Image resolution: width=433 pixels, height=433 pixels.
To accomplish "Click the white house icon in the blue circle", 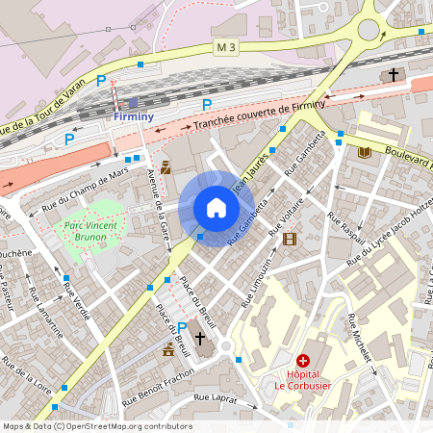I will click(216, 208).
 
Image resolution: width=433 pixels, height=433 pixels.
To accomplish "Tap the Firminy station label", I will click(133, 116).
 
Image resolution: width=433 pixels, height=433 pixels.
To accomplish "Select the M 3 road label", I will click(224, 46).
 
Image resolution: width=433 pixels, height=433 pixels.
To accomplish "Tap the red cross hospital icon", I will click(303, 359).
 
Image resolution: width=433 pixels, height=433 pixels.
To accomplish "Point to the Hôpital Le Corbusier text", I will click(303, 377).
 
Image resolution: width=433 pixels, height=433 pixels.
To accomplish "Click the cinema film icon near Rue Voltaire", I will click(290, 238).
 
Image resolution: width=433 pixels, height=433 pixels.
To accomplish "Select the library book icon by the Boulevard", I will click(364, 152).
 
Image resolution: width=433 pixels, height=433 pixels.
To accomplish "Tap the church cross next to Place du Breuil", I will click(200, 338).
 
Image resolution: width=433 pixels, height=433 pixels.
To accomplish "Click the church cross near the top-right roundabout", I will click(393, 74).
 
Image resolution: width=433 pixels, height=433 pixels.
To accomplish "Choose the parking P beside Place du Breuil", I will click(182, 328).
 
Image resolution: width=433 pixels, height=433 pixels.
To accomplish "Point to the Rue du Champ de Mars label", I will click(84, 191).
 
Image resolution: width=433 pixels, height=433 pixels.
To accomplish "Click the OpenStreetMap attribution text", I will click(96, 425).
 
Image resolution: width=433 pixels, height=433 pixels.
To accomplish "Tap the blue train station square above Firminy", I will click(133, 102).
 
